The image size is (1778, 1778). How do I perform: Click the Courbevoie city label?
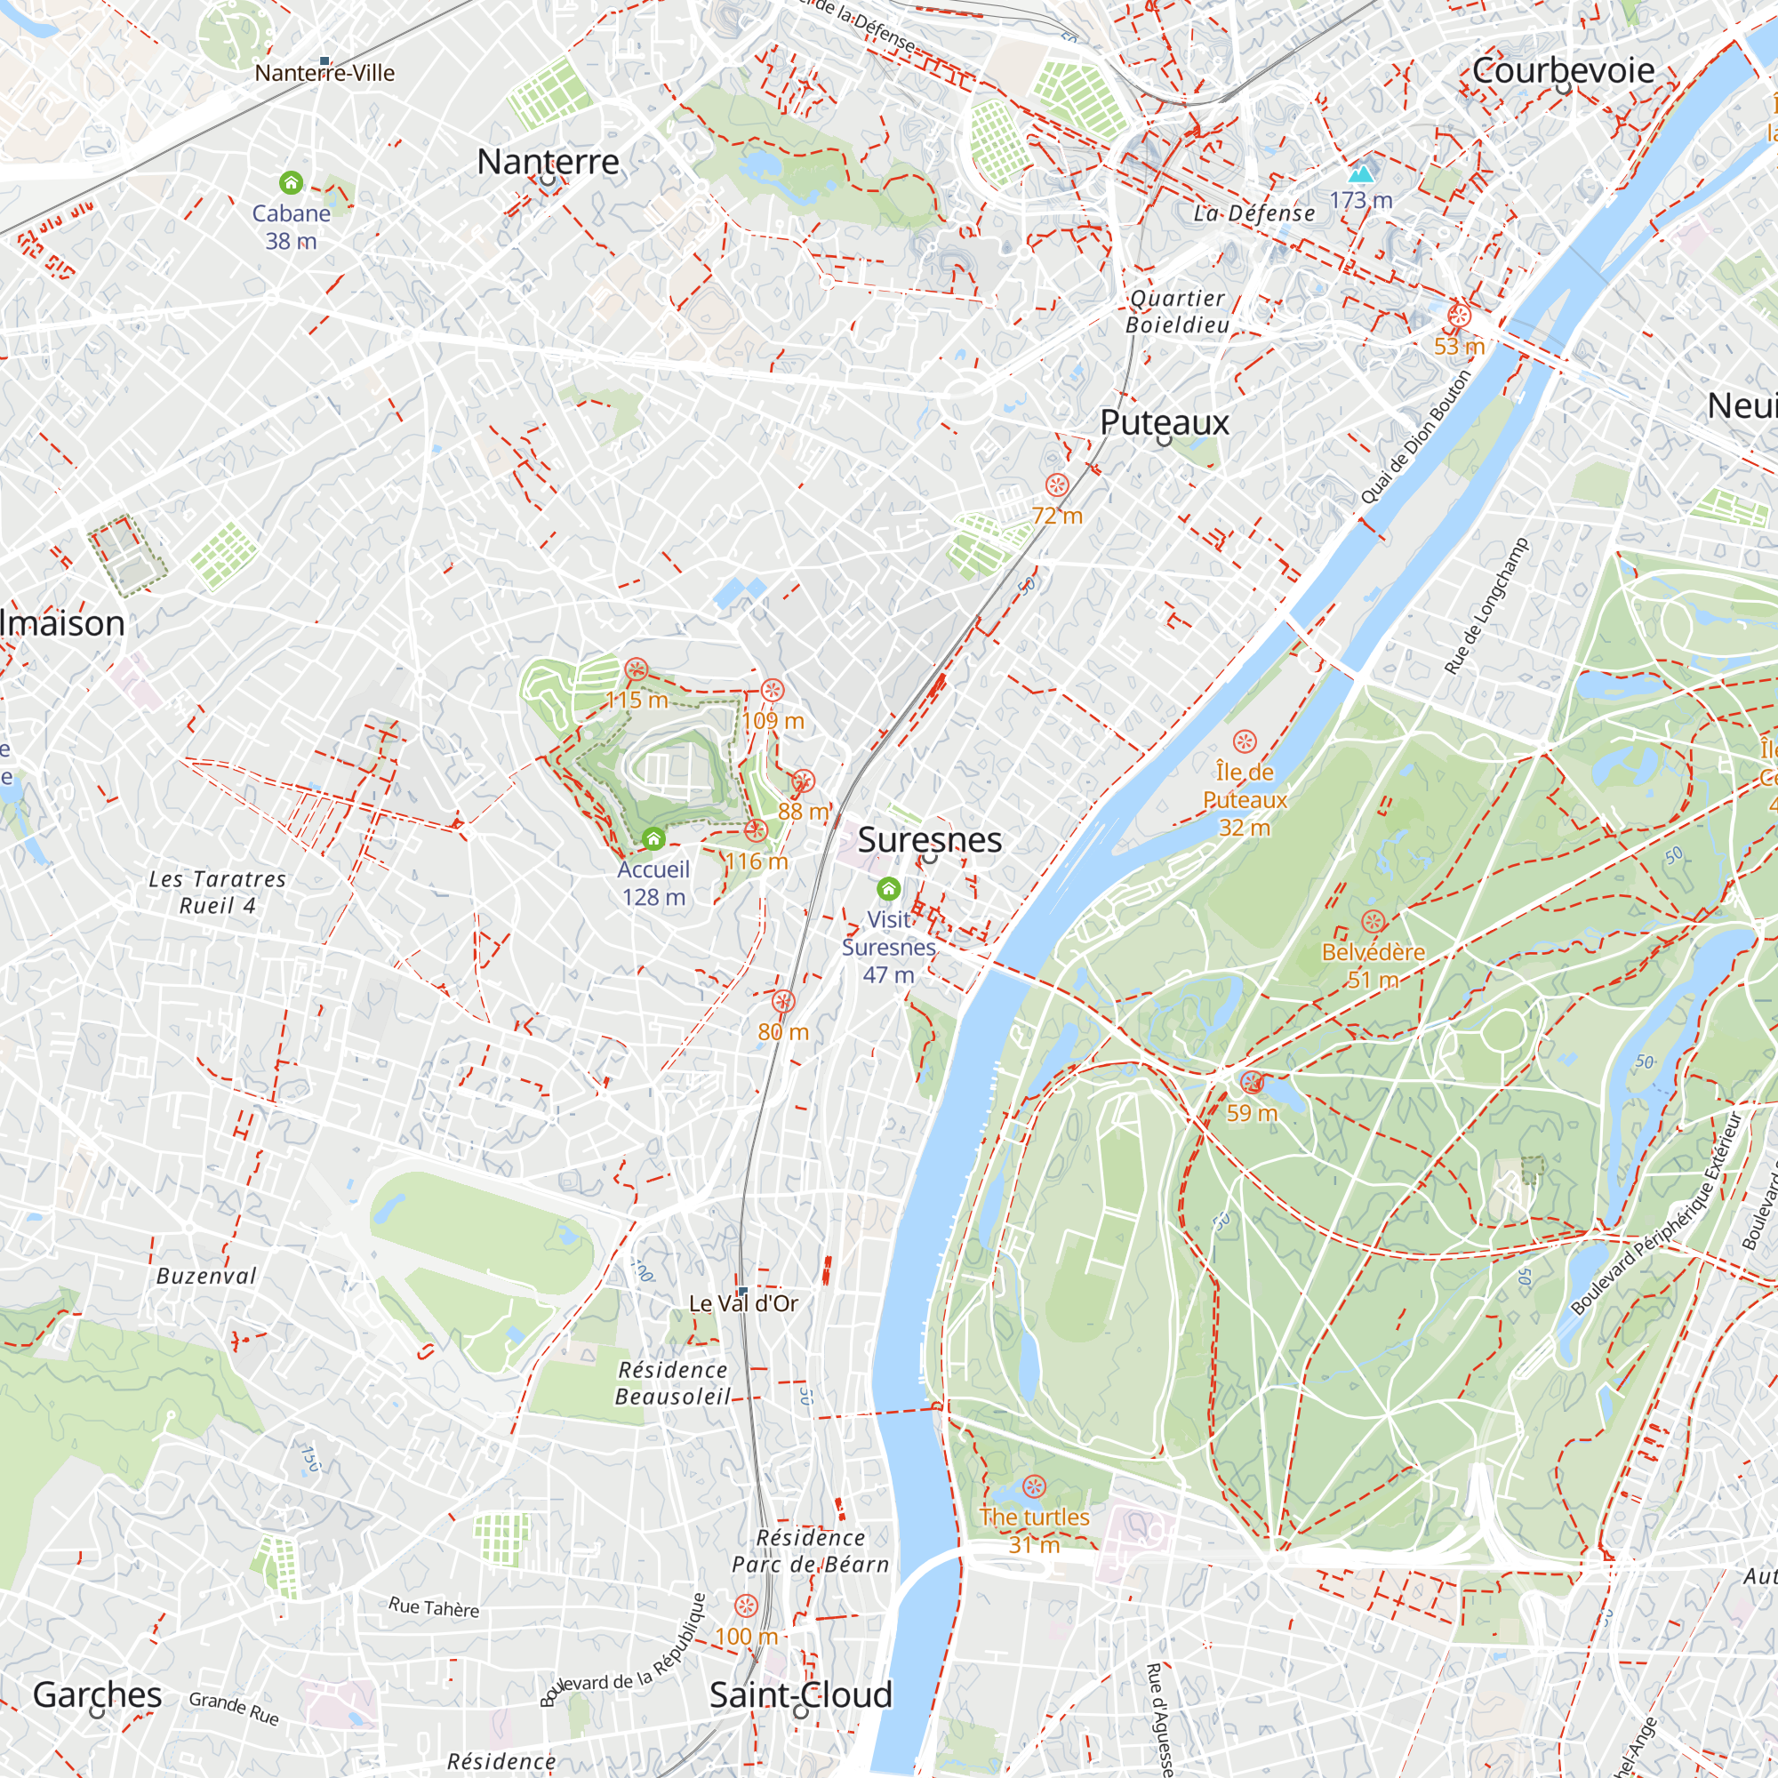(x=1563, y=70)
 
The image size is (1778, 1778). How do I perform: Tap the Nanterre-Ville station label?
(x=324, y=73)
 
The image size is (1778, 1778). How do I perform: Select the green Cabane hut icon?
(x=291, y=183)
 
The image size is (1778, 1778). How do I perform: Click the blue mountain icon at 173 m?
(x=1360, y=173)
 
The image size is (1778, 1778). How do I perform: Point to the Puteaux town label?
(x=1165, y=422)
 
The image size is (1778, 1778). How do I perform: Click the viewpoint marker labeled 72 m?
(x=1056, y=485)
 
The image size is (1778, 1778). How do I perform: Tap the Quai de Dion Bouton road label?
(x=1415, y=437)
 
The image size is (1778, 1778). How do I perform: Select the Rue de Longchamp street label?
(x=1486, y=606)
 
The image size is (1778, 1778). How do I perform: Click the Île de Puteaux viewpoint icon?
(x=1245, y=741)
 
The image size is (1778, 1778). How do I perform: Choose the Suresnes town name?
(x=930, y=839)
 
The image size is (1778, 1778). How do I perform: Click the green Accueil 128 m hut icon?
(x=653, y=839)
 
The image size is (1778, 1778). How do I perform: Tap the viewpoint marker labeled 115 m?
(x=636, y=670)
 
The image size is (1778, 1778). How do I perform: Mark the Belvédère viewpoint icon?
(x=1372, y=922)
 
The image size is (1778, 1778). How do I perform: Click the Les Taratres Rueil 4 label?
(x=217, y=892)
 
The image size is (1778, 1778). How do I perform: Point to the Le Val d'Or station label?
(x=743, y=1303)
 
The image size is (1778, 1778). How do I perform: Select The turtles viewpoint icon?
(x=1034, y=1486)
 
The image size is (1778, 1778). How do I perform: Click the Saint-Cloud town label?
(x=801, y=1694)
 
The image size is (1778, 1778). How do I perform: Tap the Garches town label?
(x=98, y=1694)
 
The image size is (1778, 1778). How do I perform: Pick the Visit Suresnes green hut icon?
(x=888, y=889)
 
